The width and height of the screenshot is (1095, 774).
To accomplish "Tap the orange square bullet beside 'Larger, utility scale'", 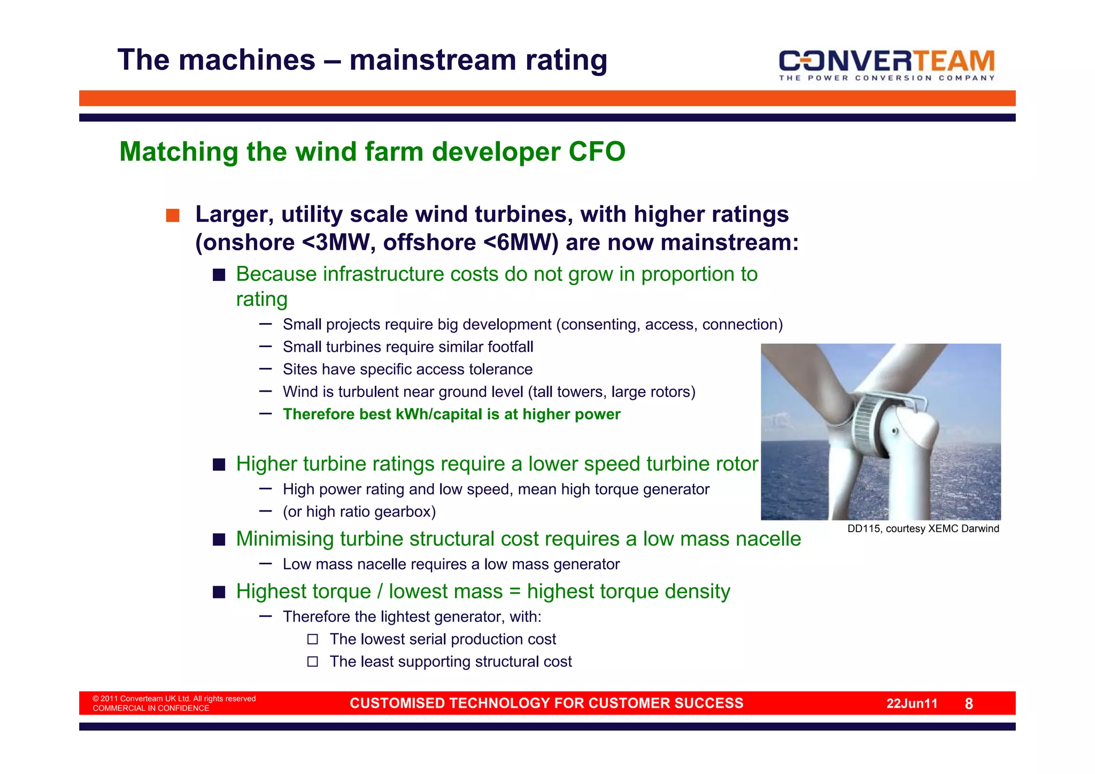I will pos(172,216).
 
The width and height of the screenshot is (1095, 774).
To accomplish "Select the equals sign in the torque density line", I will pos(514,592).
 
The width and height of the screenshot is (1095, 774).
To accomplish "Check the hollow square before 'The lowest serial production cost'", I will pos(313,639).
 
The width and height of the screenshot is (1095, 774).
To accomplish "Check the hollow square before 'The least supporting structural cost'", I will pos(313,662).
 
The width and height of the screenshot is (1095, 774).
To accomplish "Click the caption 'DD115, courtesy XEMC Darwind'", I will pos(923,529).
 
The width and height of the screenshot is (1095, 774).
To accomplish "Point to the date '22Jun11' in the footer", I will pos(912,704).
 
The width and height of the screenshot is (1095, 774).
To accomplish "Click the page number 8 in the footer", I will pos(968,704).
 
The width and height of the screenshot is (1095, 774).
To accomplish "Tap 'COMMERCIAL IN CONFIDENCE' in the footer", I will pos(151,709).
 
